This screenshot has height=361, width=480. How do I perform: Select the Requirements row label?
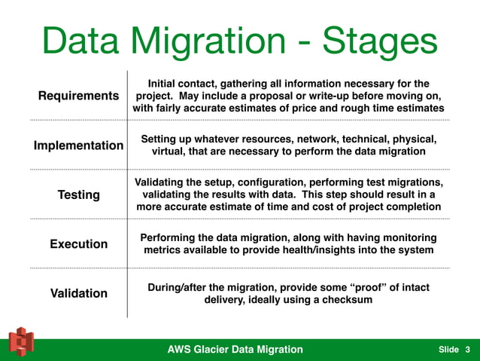click(x=78, y=96)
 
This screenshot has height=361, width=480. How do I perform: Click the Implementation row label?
click(x=78, y=145)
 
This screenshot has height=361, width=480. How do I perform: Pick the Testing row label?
click(x=78, y=194)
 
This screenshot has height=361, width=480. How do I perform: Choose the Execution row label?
click(x=78, y=243)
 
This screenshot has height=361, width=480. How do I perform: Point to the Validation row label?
click(x=78, y=293)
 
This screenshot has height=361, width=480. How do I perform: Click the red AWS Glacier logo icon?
click(x=21, y=343)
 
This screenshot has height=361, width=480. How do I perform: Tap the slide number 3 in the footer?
click(x=467, y=349)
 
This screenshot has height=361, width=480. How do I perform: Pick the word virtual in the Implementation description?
click(x=170, y=151)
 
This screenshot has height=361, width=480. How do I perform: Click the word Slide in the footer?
click(x=448, y=350)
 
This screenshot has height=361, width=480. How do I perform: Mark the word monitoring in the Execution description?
click(x=407, y=237)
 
